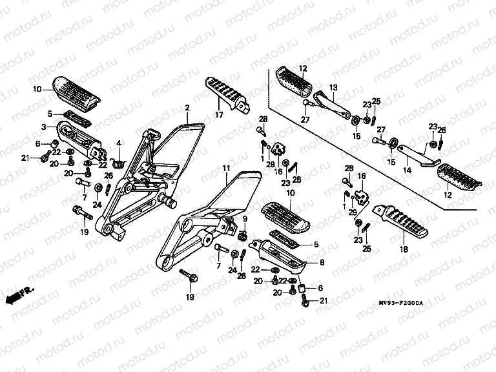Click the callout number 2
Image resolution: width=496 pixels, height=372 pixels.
click(187, 107)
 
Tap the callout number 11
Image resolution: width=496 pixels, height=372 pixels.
click(226, 169)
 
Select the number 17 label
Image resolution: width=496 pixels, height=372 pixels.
click(219, 116)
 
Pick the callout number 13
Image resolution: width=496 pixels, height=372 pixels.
click(334, 87)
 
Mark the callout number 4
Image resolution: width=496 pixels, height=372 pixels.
click(118, 143)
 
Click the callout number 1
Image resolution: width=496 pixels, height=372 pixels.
click(263, 158)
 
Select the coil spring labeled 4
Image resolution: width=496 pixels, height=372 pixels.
click(118, 160)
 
